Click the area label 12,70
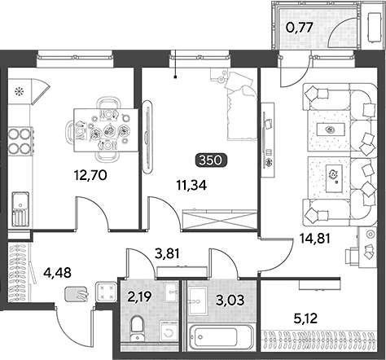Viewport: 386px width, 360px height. click(x=90, y=175)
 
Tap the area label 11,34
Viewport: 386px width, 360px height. click(x=191, y=186)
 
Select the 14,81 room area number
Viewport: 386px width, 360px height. click(x=315, y=239)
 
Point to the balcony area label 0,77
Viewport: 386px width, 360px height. click(x=300, y=28)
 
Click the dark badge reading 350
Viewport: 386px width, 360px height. click(x=211, y=160)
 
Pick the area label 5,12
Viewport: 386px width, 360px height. click(x=305, y=318)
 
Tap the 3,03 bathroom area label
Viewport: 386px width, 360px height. click(x=230, y=301)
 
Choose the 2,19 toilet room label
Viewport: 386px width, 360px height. click(x=140, y=296)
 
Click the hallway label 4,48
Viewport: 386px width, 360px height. click(x=57, y=272)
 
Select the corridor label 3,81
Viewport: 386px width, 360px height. click(x=167, y=254)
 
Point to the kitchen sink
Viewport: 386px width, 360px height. click(x=20, y=209)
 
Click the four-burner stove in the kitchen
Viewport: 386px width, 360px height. click(x=20, y=141)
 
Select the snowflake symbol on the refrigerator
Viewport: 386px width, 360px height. click(x=20, y=91)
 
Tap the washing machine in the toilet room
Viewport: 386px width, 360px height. click(x=169, y=331)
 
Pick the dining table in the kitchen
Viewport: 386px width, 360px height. click(x=106, y=130)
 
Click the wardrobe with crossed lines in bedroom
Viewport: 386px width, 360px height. click(x=220, y=220)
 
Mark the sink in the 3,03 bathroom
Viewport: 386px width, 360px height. click(x=198, y=301)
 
